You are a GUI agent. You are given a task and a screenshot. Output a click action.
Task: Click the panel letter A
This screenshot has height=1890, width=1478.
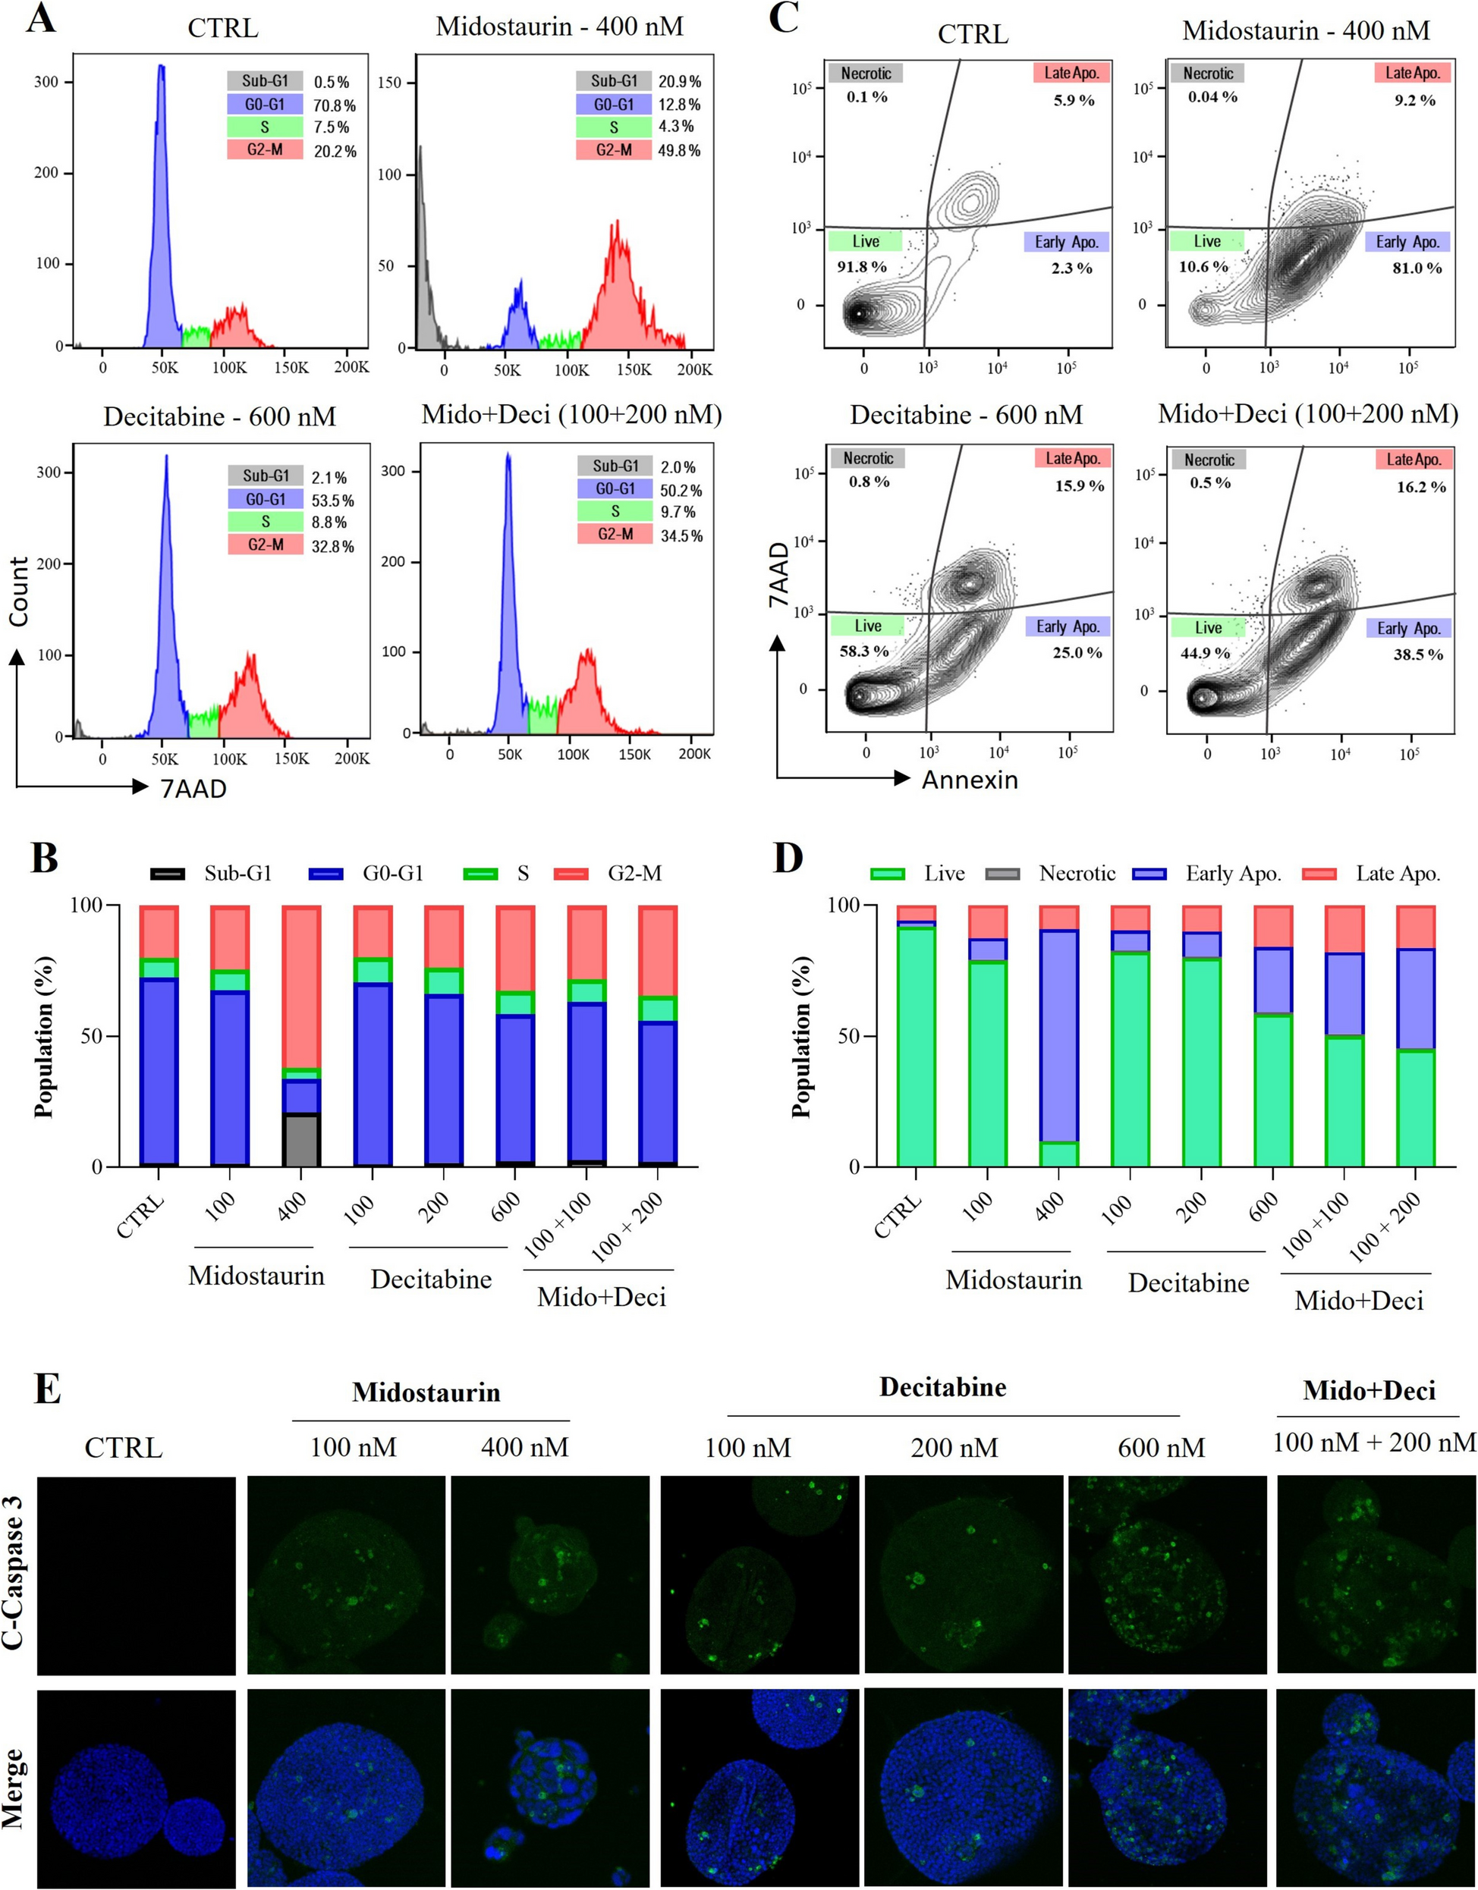pos(41,18)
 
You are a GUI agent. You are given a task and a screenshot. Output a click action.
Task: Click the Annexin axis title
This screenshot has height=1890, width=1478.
pos(969,780)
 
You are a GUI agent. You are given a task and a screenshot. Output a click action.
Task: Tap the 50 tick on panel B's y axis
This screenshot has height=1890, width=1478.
pos(93,1036)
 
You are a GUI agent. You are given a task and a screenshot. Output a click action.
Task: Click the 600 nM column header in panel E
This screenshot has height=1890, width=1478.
pos(1161,1448)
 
